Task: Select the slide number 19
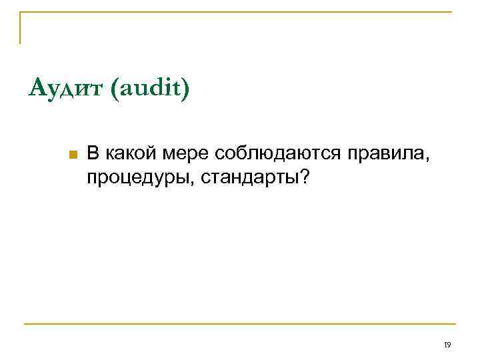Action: [x=447, y=345]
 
